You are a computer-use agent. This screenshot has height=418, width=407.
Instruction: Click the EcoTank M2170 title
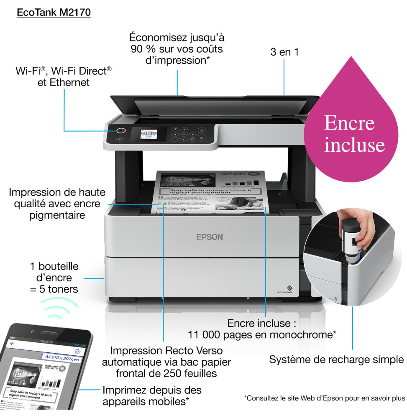coord(54,13)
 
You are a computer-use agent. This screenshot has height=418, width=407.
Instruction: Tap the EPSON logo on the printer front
coord(210,237)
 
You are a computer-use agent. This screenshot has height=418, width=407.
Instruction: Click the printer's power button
coord(121,130)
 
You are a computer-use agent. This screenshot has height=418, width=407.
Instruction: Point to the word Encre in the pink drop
coord(349,123)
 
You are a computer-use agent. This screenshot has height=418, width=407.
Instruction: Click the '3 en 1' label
coord(284,53)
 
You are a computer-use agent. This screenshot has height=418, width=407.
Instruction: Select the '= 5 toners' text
coord(54,289)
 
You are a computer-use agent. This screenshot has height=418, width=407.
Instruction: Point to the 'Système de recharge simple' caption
coord(336,359)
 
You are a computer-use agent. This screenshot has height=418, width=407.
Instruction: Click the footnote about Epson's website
coord(324,398)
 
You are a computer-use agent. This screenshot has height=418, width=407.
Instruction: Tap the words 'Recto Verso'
coord(194,350)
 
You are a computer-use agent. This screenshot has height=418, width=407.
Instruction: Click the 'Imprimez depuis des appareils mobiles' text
coord(151,396)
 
